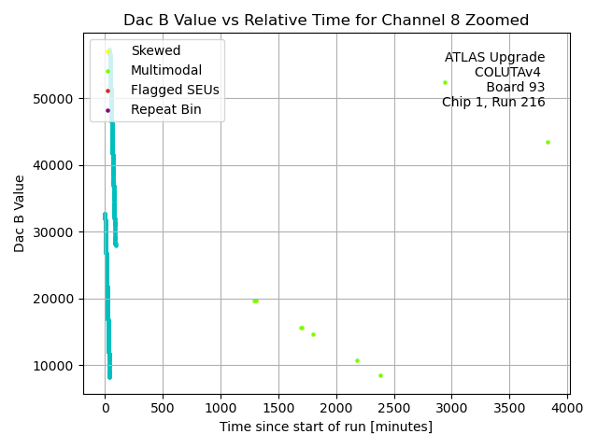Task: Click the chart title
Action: click(326, 20)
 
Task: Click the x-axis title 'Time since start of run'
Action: click(326, 427)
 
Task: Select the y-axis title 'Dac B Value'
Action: click(20, 213)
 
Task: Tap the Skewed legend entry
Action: click(156, 50)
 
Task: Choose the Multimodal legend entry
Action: click(166, 71)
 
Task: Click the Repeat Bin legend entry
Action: click(165, 110)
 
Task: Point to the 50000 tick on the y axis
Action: click(58, 99)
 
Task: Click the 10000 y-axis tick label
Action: click(58, 365)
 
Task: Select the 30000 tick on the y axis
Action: click(58, 232)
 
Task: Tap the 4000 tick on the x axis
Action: click(567, 408)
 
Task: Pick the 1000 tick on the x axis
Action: click(221, 408)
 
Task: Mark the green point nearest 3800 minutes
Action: click(548, 142)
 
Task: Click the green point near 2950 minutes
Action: click(445, 82)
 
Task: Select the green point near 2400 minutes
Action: click(380, 375)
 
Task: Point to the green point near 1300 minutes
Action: click(255, 301)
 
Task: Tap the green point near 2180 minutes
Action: click(357, 360)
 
